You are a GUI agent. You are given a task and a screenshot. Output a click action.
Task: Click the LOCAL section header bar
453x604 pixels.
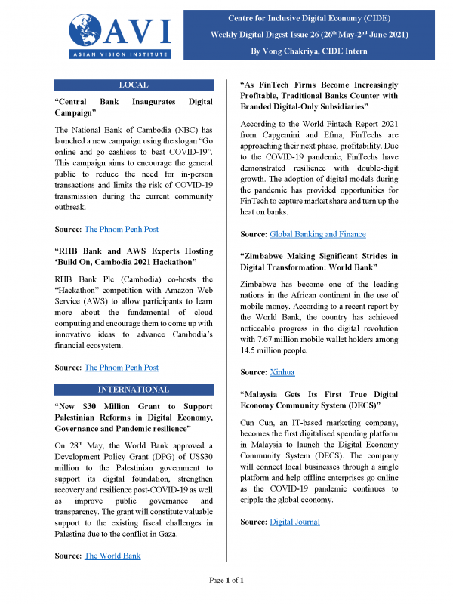pos(134,85)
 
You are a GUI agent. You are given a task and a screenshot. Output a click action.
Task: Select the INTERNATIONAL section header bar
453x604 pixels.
pos(134,390)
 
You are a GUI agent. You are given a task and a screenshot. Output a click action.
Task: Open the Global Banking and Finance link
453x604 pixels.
pos(317,235)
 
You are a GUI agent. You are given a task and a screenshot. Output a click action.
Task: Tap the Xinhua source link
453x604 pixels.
pos(283,373)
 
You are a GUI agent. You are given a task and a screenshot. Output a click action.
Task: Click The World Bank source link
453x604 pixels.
pos(112,556)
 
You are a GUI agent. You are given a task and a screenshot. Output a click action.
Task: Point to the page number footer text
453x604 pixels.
pos(226,580)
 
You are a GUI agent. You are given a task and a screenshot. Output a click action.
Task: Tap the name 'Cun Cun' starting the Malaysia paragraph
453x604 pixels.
pos(256,421)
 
